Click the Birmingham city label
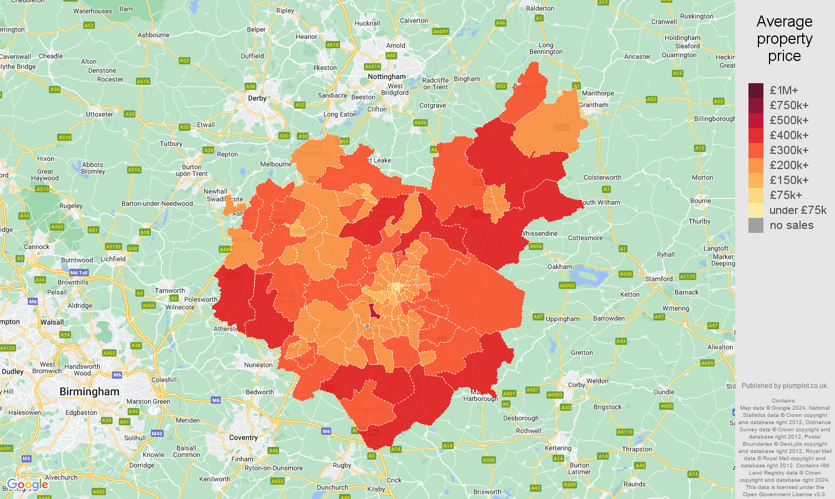point(89,391)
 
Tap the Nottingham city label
point(387,77)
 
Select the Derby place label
point(257,98)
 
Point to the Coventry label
point(244,437)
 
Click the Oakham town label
point(560,267)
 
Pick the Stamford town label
point(659,279)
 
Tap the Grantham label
point(594,105)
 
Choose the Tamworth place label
point(170,291)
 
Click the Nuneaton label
point(259,365)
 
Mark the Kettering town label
point(558,448)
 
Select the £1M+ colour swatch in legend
point(756,90)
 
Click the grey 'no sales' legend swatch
point(756,225)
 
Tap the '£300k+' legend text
point(789,150)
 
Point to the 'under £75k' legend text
point(798,210)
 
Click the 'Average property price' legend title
point(785,38)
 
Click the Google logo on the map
point(28,485)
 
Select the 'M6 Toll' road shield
point(79,273)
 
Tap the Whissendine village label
point(540,233)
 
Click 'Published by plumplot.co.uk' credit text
point(785,386)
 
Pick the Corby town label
point(576,385)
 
